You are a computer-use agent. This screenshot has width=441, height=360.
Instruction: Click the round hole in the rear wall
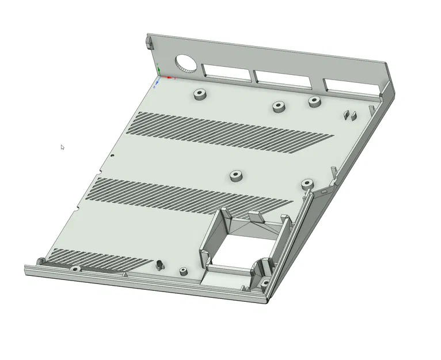185,63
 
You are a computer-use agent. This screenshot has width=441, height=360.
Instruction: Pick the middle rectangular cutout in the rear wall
286,79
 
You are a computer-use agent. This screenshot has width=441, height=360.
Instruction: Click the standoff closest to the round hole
200,94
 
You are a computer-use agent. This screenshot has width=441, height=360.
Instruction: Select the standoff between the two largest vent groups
235,175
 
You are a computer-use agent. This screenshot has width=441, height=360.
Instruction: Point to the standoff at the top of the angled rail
307,184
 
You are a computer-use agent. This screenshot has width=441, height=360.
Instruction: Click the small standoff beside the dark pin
183,271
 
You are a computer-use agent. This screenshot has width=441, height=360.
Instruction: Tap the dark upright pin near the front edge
159,266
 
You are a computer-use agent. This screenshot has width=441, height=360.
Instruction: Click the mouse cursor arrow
62,147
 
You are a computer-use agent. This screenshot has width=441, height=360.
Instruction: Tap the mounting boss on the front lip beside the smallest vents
74,268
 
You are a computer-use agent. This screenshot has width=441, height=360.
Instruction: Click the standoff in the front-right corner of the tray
264,283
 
